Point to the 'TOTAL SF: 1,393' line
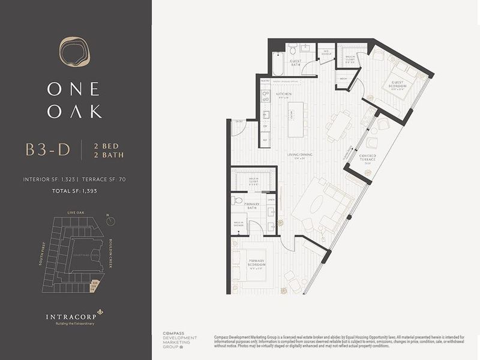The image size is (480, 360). (x=75, y=190)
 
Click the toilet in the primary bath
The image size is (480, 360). (x=238, y=201)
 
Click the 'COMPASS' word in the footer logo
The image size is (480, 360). (x=173, y=333)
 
